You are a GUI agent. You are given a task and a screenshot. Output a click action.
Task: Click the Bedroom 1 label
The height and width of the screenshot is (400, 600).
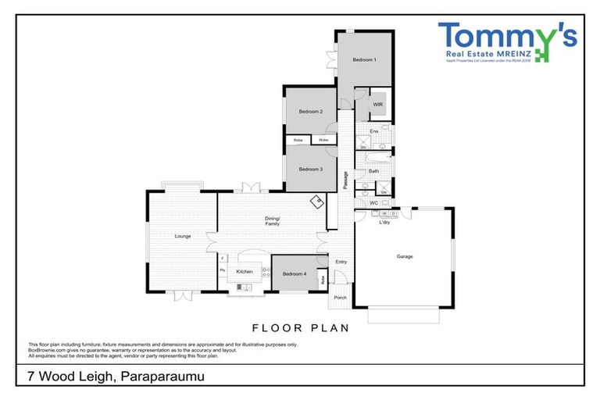pyautogui.click(x=364, y=60)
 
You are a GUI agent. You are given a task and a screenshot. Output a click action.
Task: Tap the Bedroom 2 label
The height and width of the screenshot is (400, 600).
pyautogui.click(x=311, y=112)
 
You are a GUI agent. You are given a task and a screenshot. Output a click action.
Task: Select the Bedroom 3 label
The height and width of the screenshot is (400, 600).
pyautogui.click(x=311, y=169)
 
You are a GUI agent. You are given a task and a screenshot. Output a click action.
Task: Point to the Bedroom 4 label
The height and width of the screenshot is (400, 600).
pyautogui.click(x=294, y=273)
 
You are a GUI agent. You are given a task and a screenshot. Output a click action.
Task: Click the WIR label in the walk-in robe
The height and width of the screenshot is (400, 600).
pyautogui.click(x=377, y=105)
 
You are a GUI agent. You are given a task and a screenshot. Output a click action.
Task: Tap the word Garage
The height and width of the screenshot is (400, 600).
pyautogui.click(x=404, y=256)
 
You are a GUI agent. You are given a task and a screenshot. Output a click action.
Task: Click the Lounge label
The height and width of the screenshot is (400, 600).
pyautogui.click(x=183, y=235)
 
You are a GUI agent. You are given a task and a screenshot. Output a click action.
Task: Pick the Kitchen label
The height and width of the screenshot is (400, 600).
pyautogui.click(x=245, y=271)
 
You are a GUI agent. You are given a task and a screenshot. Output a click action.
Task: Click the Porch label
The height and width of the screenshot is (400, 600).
pyautogui.click(x=340, y=298)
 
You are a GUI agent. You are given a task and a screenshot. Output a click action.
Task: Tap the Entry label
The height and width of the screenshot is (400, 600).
pyautogui.click(x=341, y=262)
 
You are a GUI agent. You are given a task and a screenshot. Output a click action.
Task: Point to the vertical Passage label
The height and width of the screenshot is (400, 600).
pyautogui.click(x=345, y=180)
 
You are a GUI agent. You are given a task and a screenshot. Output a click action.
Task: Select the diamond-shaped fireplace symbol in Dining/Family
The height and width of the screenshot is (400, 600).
pyautogui.click(x=318, y=202)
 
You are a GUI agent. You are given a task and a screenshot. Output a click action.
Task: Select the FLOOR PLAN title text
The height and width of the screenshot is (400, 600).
pyautogui.click(x=299, y=328)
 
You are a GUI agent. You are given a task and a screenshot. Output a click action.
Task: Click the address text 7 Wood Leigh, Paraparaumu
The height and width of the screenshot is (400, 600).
pyautogui.click(x=109, y=377)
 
